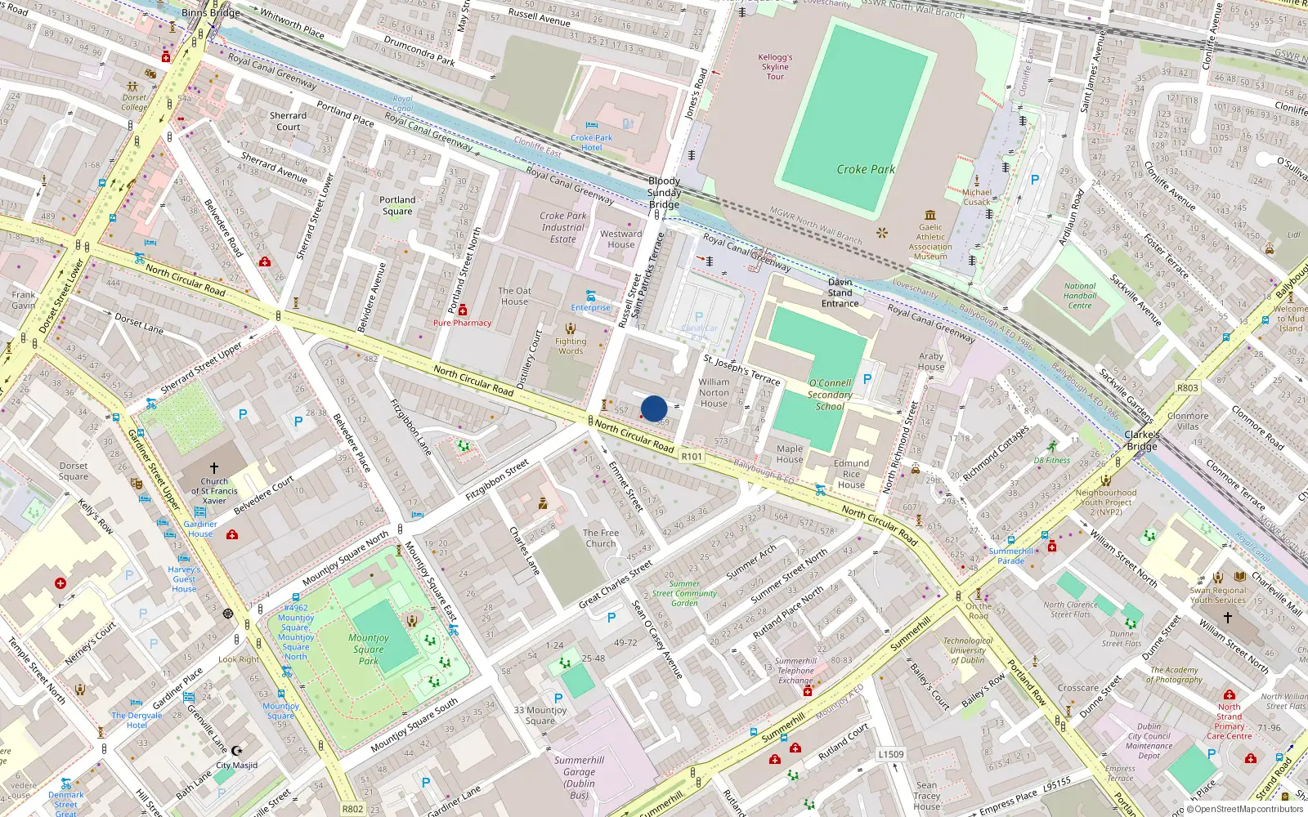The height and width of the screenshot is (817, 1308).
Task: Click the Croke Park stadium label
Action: pyautogui.click(x=865, y=169)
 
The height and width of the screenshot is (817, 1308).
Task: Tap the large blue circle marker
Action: pyautogui.click(x=654, y=408)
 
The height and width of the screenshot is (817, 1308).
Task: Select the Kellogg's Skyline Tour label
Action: pyautogui.click(x=775, y=67)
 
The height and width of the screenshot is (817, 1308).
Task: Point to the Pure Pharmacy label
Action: pyautogui.click(x=463, y=323)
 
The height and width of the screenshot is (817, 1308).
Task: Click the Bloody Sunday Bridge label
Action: pyautogui.click(x=664, y=193)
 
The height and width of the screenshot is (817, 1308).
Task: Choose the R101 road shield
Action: pyautogui.click(x=692, y=457)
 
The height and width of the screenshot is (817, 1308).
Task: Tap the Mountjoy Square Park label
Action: pyautogui.click(x=369, y=649)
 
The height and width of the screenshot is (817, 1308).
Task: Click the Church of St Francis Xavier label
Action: pyautogui.click(x=214, y=491)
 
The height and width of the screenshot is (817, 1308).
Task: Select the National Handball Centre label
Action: pyautogui.click(x=1080, y=296)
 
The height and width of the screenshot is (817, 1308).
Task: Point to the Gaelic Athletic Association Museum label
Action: pyautogui.click(x=930, y=242)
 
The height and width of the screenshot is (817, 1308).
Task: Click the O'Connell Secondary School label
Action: pyautogui.click(x=830, y=395)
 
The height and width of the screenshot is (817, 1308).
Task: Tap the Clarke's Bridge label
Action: pyautogui.click(x=1142, y=440)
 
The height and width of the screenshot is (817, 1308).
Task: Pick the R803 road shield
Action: pyautogui.click(x=1188, y=388)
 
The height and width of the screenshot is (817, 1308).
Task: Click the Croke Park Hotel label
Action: pyautogui.click(x=591, y=143)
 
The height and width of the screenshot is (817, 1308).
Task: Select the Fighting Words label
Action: pyautogui.click(x=571, y=346)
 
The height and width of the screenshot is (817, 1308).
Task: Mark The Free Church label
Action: pyautogui.click(x=601, y=538)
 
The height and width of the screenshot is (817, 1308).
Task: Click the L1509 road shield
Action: pyautogui.click(x=891, y=754)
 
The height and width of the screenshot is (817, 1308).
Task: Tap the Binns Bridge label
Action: pyautogui.click(x=211, y=12)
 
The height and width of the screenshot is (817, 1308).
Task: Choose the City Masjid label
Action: pyautogui.click(x=236, y=766)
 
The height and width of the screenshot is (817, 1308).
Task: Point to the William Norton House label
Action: pyautogui.click(x=714, y=392)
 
